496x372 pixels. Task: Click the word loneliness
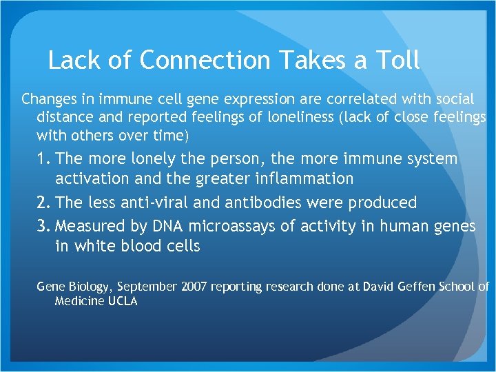pyautogui.click(x=293, y=117)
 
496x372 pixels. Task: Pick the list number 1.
pyautogui.click(x=44, y=159)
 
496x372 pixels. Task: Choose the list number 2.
pyautogui.click(x=44, y=203)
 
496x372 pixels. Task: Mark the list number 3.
pyautogui.click(x=44, y=226)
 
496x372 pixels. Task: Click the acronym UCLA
pyautogui.click(x=123, y=302)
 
